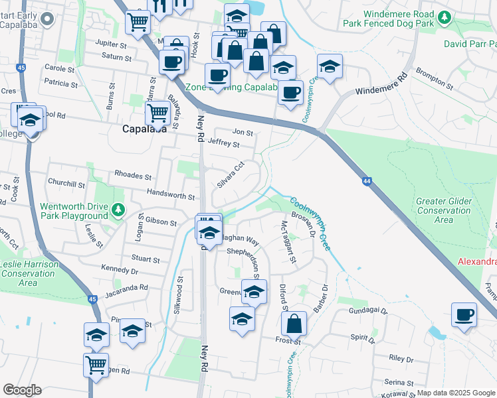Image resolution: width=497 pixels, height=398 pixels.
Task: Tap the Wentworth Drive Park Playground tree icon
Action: coord(118,210)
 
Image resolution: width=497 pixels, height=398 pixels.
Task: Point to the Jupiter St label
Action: coord(110,45)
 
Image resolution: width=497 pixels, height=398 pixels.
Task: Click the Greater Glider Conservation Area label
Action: coord(443,210)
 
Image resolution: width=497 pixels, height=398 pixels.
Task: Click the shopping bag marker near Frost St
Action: coord(294,324)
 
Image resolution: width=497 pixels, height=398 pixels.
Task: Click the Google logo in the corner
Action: coord(22,390)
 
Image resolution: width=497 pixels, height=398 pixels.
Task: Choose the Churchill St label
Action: coord(66,184)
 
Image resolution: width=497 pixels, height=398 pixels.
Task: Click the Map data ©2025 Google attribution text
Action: coord(456,393)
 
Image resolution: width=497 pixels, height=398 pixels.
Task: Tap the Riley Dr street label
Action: coord(401,358)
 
